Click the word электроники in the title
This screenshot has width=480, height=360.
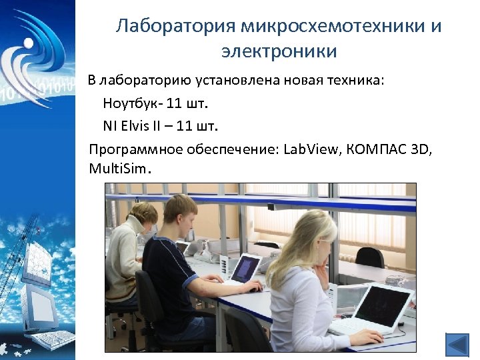279,51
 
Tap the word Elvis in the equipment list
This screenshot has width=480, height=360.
136,125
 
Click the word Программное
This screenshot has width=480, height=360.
136,148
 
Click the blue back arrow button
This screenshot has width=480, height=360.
457,345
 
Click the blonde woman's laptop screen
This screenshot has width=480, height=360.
383,305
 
